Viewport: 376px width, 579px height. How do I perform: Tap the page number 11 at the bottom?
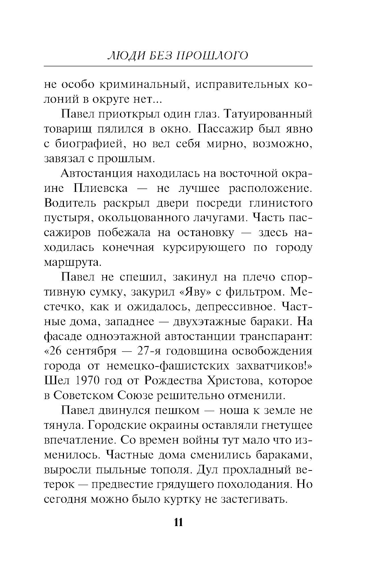pyautogui.click(x=179, y=522)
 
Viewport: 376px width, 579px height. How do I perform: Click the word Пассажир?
pyautogui.click(x=225, y=129)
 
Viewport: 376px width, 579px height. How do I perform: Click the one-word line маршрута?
pyautogui.click(x=73, y=262)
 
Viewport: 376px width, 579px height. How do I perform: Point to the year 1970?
pyautogui.click(x=87, y=381)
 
